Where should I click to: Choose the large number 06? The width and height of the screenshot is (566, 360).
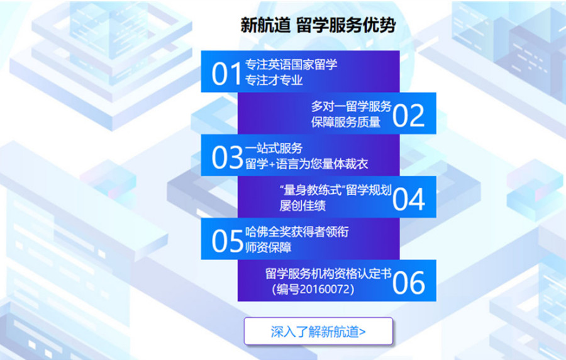pos(409,283)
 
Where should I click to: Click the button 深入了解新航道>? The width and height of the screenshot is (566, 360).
pos(318,332)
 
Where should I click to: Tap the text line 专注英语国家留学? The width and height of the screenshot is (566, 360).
pos(282,65)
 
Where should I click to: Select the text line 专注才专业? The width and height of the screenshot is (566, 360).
pos(274,81)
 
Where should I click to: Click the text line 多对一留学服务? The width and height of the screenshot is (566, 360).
pos(351,106)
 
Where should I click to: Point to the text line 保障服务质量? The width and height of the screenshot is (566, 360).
pos(345,122)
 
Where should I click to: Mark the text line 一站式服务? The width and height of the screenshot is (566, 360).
pos(274,149)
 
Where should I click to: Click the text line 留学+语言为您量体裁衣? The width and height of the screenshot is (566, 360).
pos(306,164)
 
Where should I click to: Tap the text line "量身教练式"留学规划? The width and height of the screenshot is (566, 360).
pos(335,190)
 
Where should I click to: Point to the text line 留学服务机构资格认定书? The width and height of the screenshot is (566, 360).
pos(328,274)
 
